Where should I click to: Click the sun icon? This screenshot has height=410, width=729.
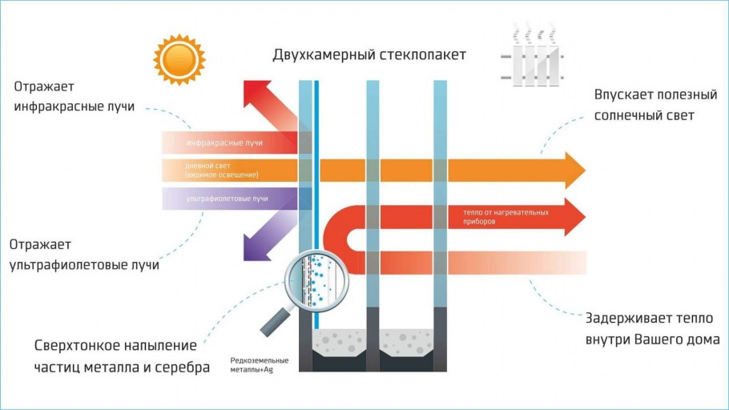179,59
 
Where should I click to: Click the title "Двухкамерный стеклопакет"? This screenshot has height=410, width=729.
369,55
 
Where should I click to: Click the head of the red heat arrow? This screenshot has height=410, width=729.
574,217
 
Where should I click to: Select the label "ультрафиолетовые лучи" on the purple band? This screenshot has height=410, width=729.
227,198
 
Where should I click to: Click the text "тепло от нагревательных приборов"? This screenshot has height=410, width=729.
505,217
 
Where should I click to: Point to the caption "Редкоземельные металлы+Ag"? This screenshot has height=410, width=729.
259,365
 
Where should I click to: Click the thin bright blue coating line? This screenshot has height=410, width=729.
316,160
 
